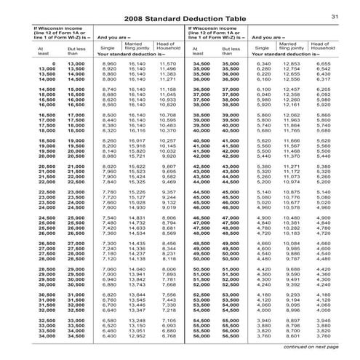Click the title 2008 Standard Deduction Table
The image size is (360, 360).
pyautogui.click(x=180, y=16)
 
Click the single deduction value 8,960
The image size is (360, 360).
pyautogui.click(x=109, y=64)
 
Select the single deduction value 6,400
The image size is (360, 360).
pyautogui.click(x=109, y=336)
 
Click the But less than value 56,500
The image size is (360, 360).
pyautogui.click(x=231, y=336)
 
